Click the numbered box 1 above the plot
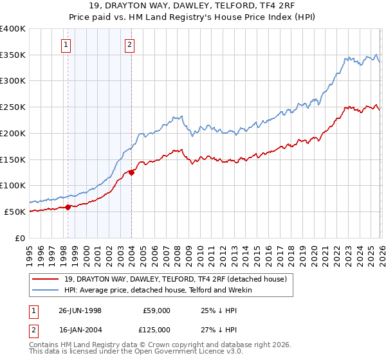[x=67, y=44]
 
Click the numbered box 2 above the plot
[x=129, y=44]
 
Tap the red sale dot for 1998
[x=68, y=207]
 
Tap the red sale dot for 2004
[x=131, y=172]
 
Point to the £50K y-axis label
[x=15, y=212]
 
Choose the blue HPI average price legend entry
[x=158, y=290]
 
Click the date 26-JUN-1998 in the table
[x=80, y=310]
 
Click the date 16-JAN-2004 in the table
[x=80, y=329]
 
